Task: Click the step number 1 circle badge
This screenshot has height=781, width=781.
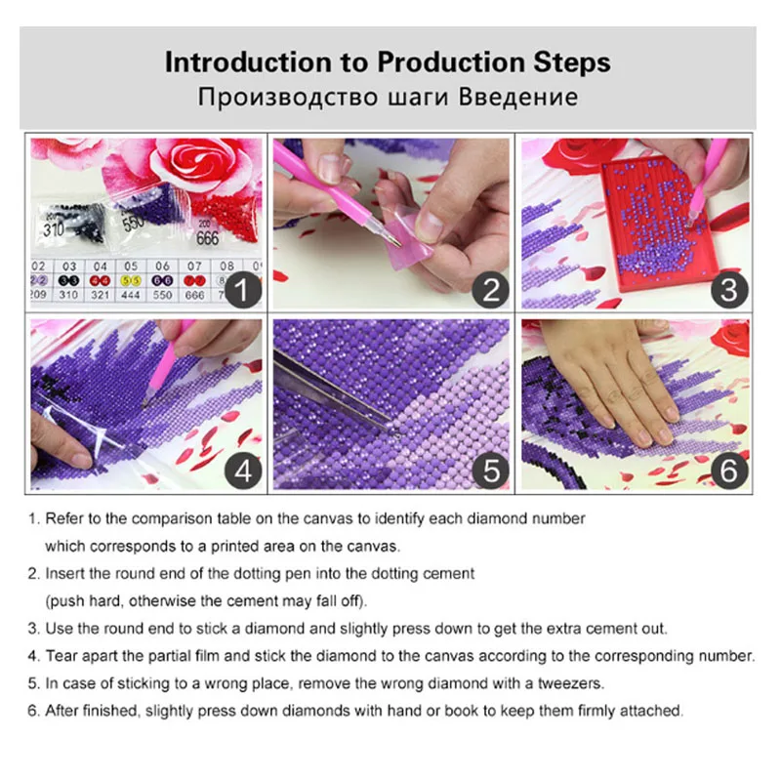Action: pos(242,290)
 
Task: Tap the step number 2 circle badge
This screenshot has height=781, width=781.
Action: pos(491,290)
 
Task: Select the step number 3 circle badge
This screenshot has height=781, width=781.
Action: pos(729,290)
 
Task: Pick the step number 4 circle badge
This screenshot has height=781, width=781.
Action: pos(242,471)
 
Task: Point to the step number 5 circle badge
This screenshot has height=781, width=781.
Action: pos(491,471)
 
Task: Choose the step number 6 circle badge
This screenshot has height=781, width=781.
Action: pos(729,471)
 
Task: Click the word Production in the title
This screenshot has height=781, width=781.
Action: pos(451,62)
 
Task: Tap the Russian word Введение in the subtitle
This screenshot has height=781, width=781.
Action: pos(518,97)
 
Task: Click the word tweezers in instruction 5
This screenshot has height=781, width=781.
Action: pos(570,683)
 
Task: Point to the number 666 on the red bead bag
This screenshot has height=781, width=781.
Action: pos(207,238)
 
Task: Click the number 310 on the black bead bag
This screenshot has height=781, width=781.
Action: pos(54,229)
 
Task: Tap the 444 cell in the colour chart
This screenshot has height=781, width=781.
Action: pos(131,295)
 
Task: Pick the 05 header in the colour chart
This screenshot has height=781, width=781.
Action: pos(131,267)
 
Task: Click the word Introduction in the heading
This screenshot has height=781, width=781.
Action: pos(249,62)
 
